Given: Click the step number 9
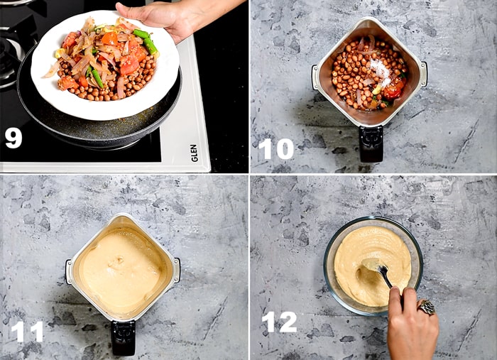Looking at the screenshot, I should pos(13,136).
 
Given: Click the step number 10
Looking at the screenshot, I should pos(275,148).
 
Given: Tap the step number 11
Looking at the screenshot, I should pos(27,331).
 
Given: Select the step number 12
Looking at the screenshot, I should pos(279,322).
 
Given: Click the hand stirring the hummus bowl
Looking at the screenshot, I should pos(410,323).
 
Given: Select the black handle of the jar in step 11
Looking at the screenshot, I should pos(123,337).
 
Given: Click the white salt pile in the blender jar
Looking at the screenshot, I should pos(381,70).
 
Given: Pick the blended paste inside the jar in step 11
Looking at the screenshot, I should pos(121,270).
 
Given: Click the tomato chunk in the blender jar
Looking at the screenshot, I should pos(392,91).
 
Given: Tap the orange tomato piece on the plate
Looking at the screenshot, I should pos(129,65).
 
